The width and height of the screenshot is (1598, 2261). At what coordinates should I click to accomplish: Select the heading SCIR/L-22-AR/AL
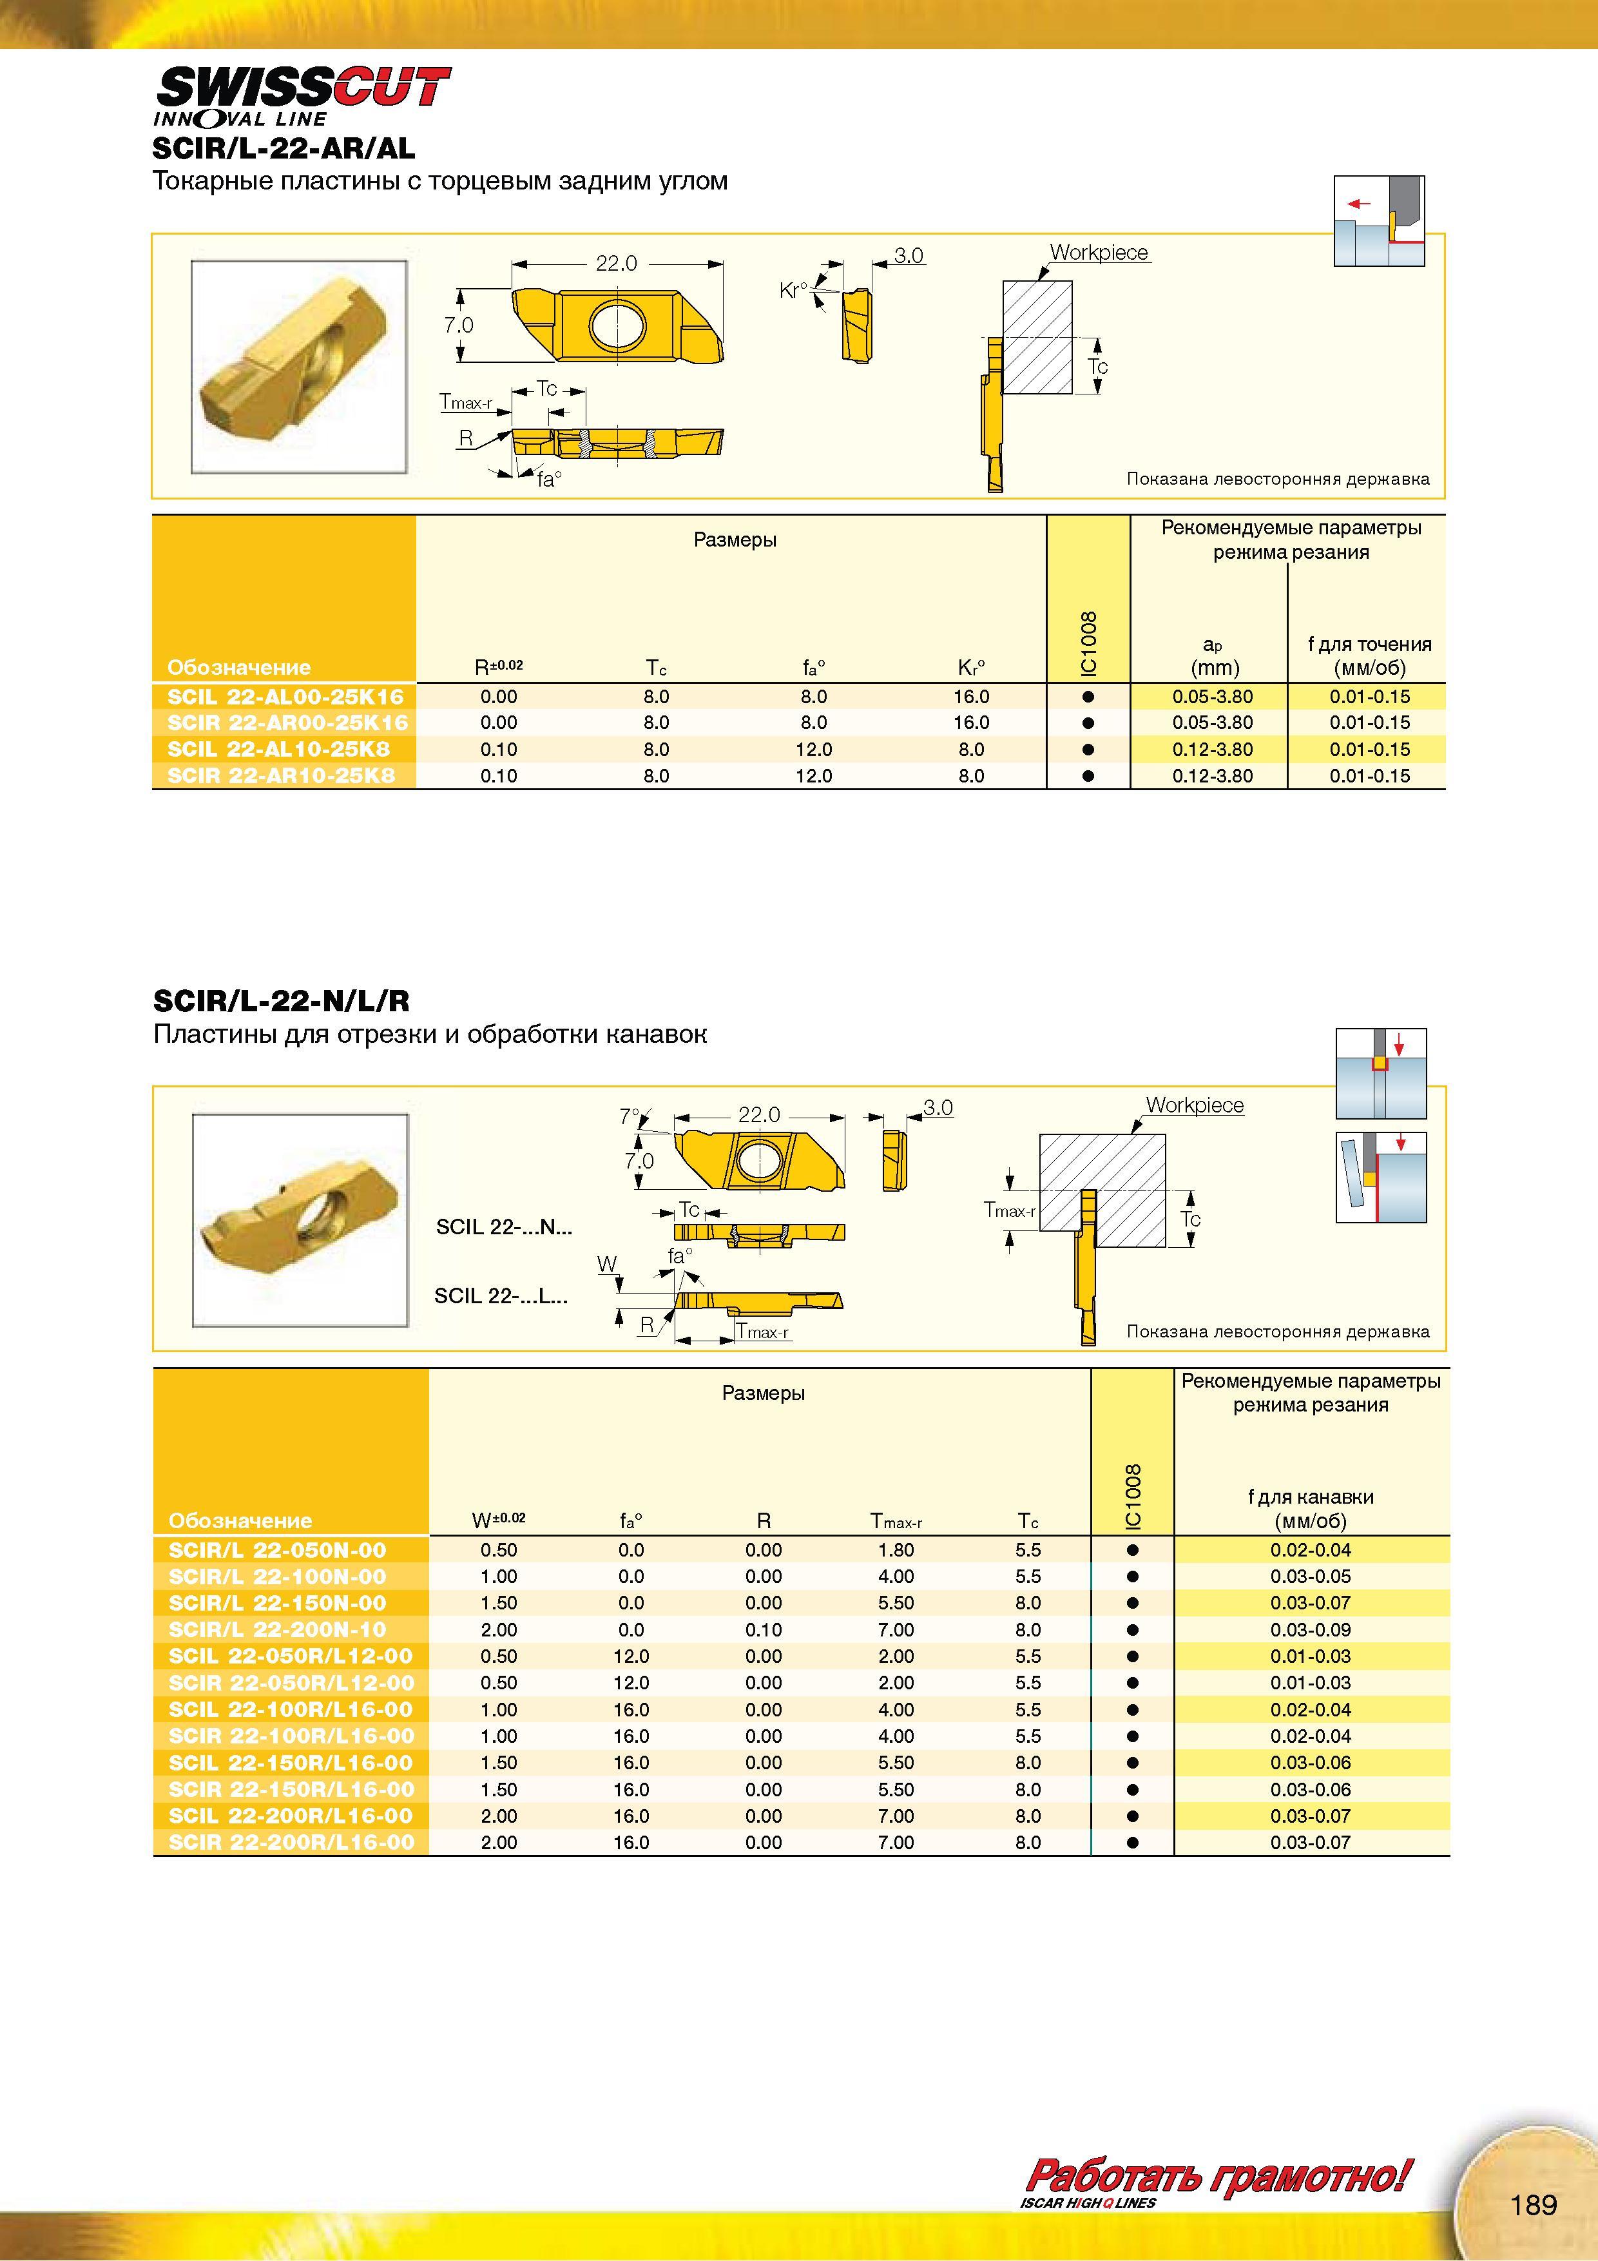(284, 149)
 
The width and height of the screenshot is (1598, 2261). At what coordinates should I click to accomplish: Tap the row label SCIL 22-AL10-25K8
(278, 748)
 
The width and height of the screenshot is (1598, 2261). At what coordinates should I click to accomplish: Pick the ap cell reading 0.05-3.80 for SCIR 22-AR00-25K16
(1212, 722)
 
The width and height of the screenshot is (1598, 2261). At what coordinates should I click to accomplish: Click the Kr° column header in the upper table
(971, 668)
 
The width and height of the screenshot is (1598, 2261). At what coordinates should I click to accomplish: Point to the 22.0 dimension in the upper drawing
(617, 263)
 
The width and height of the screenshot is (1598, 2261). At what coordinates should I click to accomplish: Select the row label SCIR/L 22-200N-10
(278, 1630)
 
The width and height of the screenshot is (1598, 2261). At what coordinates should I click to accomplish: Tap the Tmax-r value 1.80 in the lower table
(896, 1550)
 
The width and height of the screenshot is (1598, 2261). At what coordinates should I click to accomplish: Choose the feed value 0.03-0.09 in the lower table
(1311, 1630)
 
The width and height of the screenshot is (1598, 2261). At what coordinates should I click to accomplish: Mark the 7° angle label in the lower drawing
(629, 1116)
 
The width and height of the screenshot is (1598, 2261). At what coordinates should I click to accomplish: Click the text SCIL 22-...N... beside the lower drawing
(504, 1227)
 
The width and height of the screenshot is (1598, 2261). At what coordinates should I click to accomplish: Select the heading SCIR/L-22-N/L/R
(282, 1002)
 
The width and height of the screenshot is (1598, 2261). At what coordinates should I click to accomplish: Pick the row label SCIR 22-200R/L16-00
(291, 1843)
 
